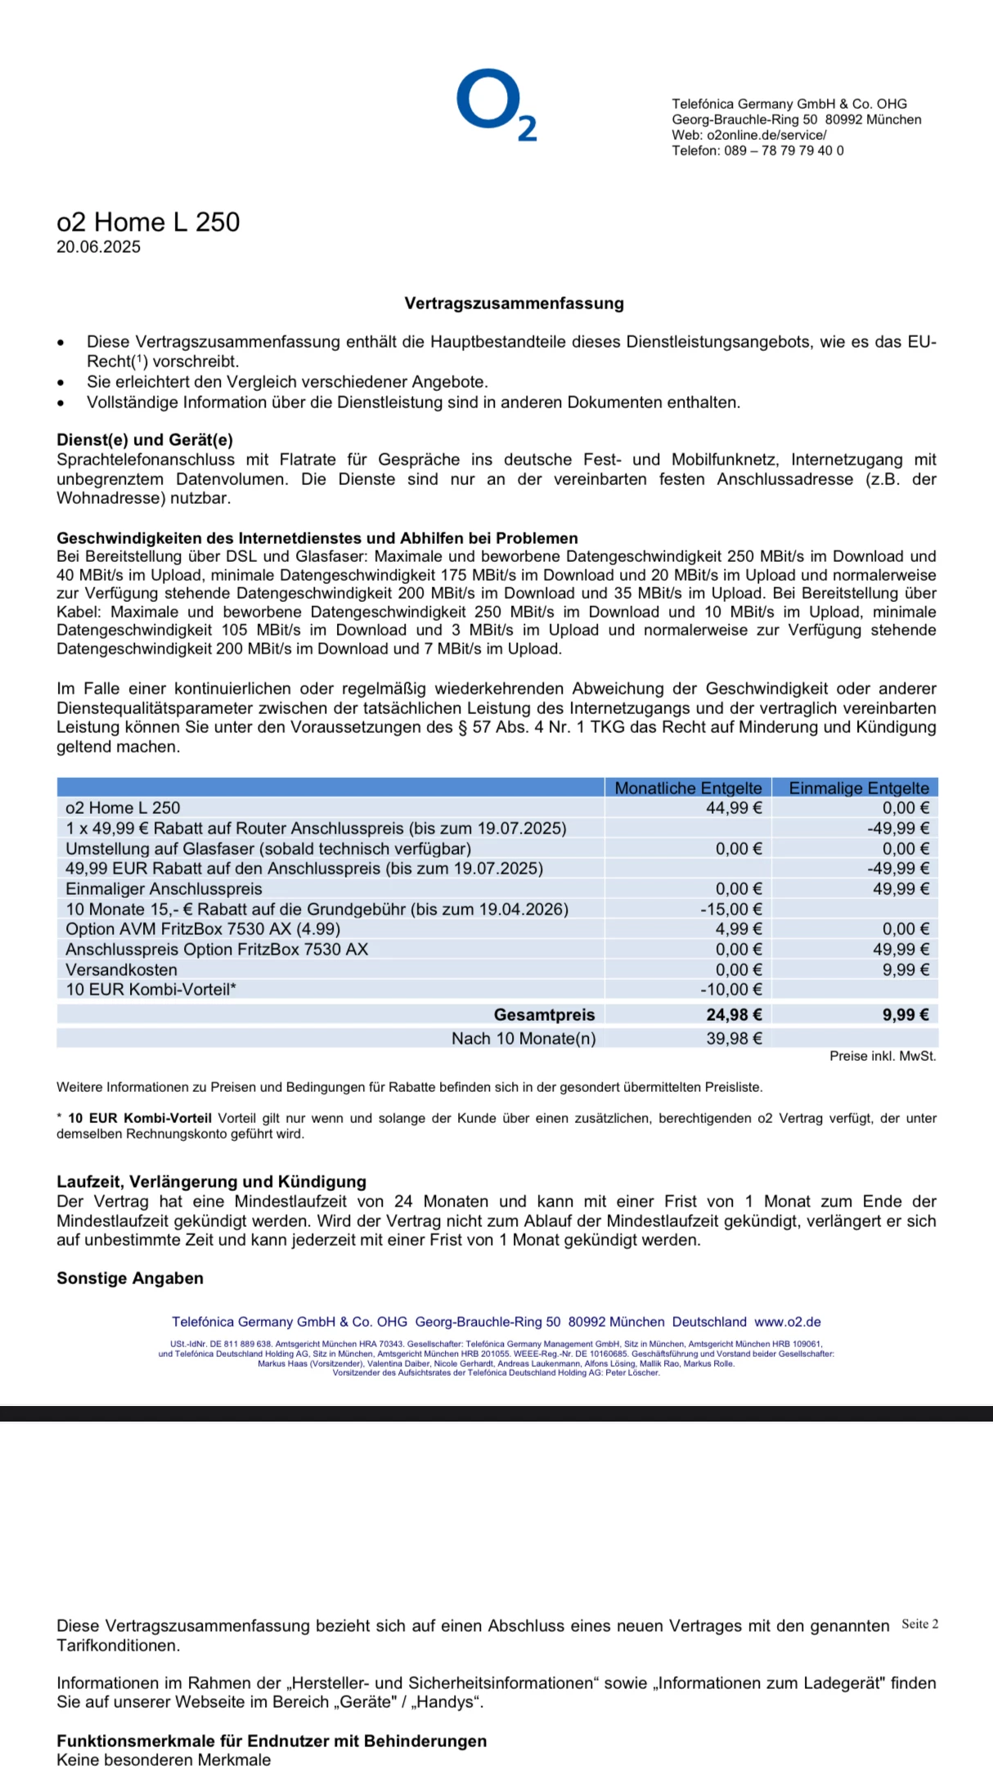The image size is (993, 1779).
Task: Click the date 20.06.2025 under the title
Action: click(x=98, y=247)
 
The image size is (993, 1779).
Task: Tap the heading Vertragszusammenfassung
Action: click(x=514, y=303)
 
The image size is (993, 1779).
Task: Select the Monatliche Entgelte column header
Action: click(x=688, y=788)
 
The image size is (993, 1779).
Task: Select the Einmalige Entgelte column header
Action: click(x=858, y=788)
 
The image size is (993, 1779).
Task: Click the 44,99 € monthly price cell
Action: click(x=734, y=808)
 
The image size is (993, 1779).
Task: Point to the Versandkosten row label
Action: click(x=121, y=970)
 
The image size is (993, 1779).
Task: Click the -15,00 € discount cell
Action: click(x=730, y=910)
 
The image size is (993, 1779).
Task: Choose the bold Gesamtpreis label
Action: click(x=544, y=1015)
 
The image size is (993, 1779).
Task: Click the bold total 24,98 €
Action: click(x=734, y=1015)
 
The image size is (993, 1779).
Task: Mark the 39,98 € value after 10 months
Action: click(x=734, y=1039)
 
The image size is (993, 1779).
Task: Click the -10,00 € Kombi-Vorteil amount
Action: click(x=730, y=990)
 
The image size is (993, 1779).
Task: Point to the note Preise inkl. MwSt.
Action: click(x=883, y=1057)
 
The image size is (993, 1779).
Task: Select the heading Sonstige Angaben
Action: click(x=130, y=1278)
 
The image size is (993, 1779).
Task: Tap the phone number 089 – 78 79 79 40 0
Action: click(x=784, y=150)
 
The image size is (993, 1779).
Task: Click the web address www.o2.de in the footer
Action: click(x=787, y=1322)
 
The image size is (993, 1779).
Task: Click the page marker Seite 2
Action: click(x=919, y=1624)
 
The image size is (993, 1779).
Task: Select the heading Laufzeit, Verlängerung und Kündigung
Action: click(x=211, y=1182)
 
